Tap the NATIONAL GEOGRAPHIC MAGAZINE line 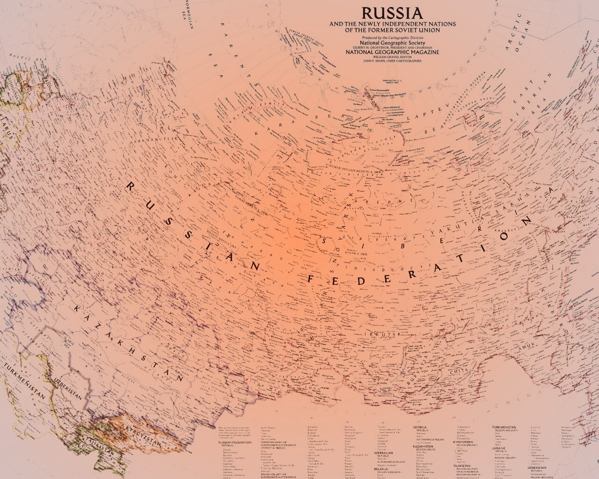392,52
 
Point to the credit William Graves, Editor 392,57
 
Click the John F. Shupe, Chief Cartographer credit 392,61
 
